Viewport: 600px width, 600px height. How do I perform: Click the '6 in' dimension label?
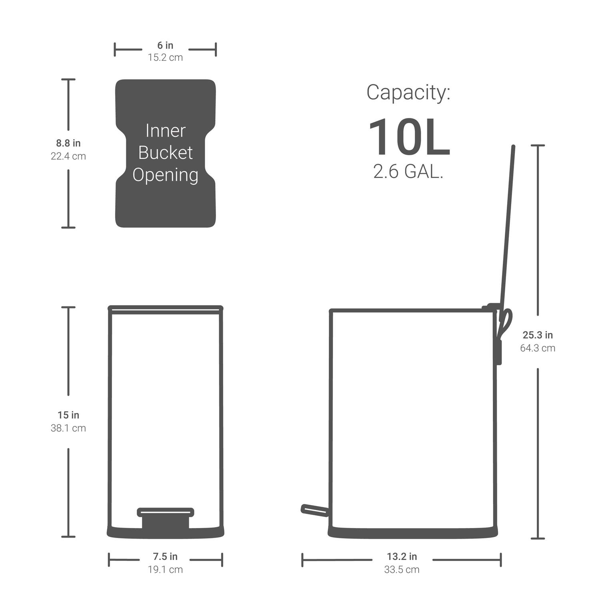click(x=165, y=45)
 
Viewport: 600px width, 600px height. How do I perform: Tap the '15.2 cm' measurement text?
click(x=165, y=58)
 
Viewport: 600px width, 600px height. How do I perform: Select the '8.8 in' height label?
click(x=68, y=143)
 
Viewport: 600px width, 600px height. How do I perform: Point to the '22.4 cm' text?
click(x=68, y=156)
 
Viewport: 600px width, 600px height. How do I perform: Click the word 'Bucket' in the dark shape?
click(x=165, y=153)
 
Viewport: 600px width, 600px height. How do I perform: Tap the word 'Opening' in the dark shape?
click(x=165, y=175)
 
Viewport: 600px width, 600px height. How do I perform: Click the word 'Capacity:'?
click(x=408, y=92)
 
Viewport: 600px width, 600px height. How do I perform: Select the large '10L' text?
click(x=409, y=137)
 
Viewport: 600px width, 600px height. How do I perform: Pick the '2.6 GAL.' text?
click(x=408, y=172)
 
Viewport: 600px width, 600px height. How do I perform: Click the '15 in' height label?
click(x=68, y=415)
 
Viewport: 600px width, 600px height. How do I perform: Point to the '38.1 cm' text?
click(x=68, y=428)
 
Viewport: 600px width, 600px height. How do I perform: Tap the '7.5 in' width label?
click(x=165, y=556)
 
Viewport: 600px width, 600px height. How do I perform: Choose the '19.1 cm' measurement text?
click(x=165, y=570)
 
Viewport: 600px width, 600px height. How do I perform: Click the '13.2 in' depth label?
click(x=402, y=556)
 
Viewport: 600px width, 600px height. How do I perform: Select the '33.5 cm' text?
click(x=402, y=570)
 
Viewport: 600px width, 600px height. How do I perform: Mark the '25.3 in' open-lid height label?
click(x=538, y=335)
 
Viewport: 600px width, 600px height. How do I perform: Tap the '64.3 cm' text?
click(x=538, y=348)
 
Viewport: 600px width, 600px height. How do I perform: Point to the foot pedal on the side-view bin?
click(x=314, y=510)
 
